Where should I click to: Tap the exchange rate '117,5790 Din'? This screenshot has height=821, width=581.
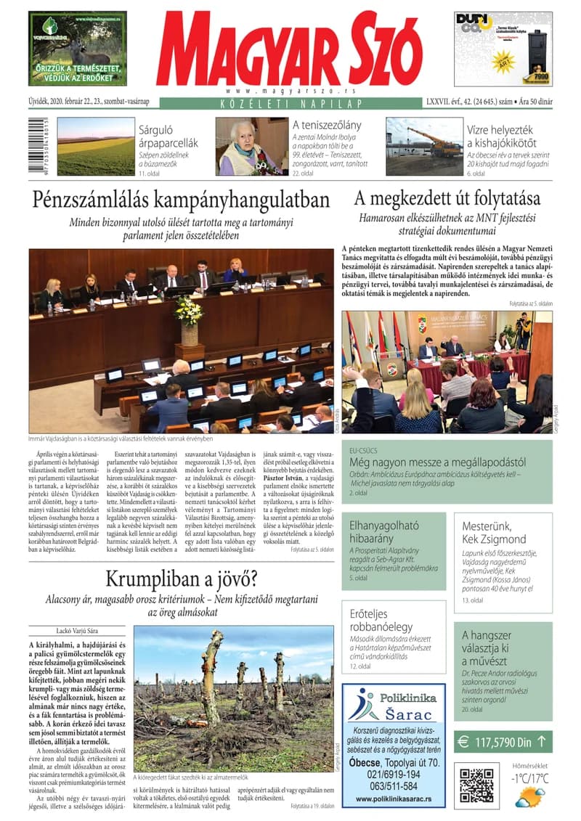501,742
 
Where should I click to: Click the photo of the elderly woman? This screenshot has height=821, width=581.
251,147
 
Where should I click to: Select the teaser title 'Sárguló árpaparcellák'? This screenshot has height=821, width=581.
168,136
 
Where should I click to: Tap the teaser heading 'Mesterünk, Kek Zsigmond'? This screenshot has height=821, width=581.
494,532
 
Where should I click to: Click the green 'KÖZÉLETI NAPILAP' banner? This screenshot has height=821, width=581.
290,103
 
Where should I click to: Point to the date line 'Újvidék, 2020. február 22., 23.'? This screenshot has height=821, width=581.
91,103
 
